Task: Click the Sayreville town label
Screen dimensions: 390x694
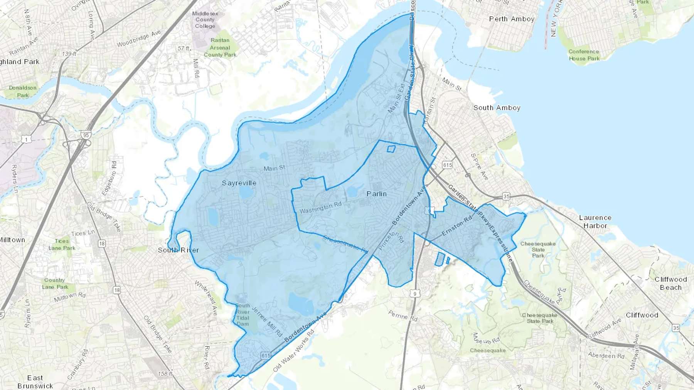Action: [239, 183]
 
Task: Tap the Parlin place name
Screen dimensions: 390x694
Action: [376, 194]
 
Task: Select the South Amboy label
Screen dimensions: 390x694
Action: [497, 108]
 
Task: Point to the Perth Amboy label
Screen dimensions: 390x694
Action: [512, 19]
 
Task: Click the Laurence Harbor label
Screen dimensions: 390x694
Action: [595, 221]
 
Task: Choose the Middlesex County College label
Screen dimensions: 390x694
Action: [205, 20]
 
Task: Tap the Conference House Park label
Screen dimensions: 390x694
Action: [584, 55]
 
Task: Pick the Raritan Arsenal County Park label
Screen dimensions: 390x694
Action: [220, 47]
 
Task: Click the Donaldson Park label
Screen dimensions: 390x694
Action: [23, 91]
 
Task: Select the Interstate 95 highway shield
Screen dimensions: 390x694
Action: [86, 135]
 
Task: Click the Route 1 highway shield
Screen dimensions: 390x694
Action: [26, 139]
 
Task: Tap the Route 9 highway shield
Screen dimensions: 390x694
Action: [415, 294]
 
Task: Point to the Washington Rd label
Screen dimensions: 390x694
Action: [320, 208]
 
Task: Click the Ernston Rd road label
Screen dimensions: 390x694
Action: [456, 226]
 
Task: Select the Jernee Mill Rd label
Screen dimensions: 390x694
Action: [266, 321]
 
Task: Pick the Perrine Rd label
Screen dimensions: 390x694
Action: [403, 316]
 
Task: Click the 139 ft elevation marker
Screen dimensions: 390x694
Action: [69, 54]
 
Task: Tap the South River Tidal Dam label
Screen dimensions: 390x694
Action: [243, 315]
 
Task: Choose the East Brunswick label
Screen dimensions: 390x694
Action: [35, 382]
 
